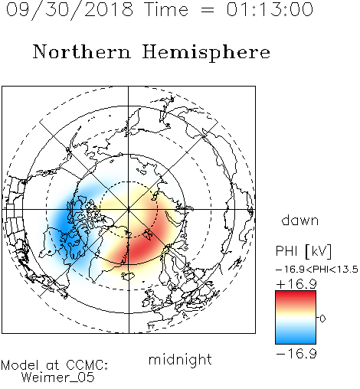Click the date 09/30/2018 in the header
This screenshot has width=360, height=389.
pos(70,10)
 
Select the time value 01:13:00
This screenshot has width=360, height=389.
pos(270,9)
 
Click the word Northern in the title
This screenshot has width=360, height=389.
pos(82,51)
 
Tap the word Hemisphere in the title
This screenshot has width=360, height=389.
pos(206,52)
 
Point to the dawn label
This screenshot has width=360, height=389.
pos(300,220)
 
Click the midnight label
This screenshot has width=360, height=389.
pos(180,360)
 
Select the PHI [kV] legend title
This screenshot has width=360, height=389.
pos(303,251)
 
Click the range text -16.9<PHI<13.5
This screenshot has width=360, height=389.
pos(317,270)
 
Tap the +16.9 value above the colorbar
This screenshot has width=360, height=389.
pos(296,284)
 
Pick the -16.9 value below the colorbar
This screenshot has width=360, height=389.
pos(296,354)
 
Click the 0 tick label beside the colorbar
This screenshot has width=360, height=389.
pos(322,319)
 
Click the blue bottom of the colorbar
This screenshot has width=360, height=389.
pos(296,339)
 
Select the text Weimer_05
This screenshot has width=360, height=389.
pos(58,378)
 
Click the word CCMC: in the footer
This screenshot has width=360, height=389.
pos(87,365)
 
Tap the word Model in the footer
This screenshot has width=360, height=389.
pos(20,365)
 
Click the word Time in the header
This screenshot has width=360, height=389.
pos(166,10)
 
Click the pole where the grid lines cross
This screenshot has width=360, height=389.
pos(129,209)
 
